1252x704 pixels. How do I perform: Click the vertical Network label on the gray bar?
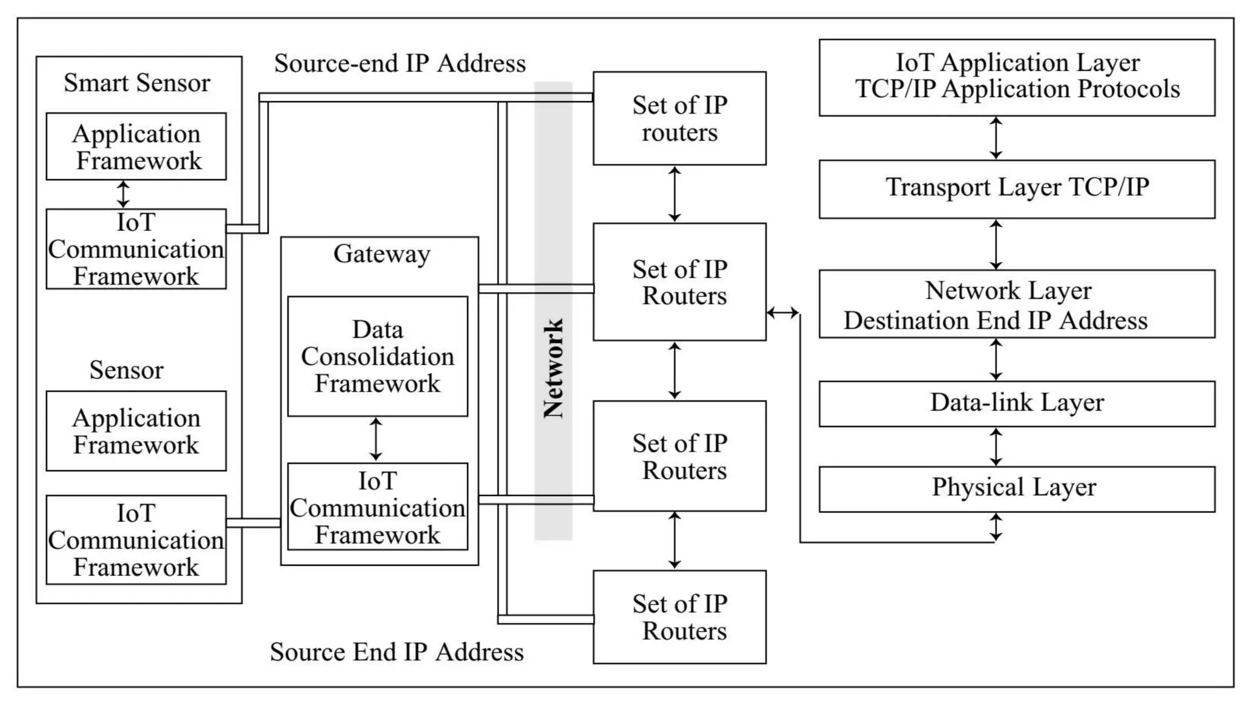(x=553, y=369)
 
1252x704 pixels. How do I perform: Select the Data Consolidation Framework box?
(x=377, y=357)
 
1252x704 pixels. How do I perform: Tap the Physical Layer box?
(x=1016, y=489)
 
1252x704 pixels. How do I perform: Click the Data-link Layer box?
(x=1016, y=403)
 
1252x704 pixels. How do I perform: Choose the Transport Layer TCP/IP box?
(x=1016, y=188)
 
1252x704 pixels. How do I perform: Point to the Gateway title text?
(x=381, y=254)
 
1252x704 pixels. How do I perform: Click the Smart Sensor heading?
(x=137, y=82)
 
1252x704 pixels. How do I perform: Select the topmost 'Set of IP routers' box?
(x=679, y=119)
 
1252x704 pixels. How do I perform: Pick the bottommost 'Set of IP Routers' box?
(x=679, y=617)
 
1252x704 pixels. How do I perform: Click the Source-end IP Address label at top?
(x=400, y=64)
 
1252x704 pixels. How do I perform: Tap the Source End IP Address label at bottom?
(x=397, y=652)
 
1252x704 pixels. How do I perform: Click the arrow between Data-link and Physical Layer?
(x=996, y=447)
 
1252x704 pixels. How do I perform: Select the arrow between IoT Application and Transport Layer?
(x=996, y=138)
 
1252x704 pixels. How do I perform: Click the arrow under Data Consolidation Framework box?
(x=376, y=439)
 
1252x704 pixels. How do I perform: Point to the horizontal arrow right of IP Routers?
(x=782, y=313)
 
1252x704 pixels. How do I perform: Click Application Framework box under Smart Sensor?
(x=136, y=147)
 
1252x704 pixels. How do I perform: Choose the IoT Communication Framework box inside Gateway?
(x=377, y=507)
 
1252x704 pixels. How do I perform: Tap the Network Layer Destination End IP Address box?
(x=1016, y=304)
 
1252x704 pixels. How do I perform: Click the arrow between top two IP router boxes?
(x=674, y=194)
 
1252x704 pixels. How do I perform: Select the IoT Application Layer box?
(x=1016, y=77)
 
